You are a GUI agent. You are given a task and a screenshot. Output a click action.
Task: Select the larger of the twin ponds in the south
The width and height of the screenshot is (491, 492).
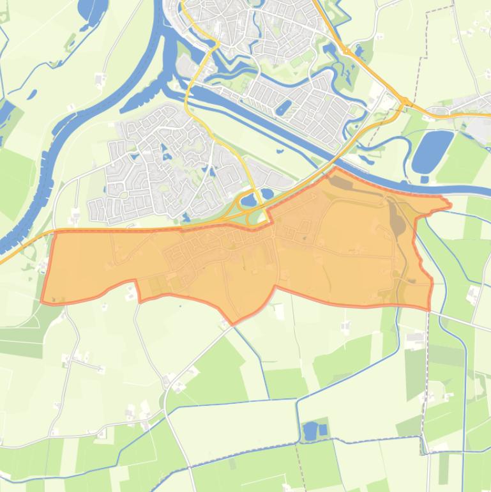(x=310, y=431)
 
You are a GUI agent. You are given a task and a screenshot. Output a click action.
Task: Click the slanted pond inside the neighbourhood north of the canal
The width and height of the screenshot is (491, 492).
(x=283, y=107)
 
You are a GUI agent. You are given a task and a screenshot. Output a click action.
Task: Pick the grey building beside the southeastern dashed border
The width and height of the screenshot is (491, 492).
(x=415, y=337)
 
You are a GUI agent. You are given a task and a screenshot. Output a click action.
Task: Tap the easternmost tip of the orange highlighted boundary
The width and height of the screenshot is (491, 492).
(x=451, y=205)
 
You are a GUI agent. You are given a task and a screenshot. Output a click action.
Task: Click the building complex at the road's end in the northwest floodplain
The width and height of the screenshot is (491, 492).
(x=100, y=79)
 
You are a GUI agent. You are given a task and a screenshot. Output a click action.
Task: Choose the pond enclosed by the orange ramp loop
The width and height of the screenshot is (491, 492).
(x=248, y=203)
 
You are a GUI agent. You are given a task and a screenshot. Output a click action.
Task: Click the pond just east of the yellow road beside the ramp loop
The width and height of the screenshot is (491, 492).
(x=266, y=193)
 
